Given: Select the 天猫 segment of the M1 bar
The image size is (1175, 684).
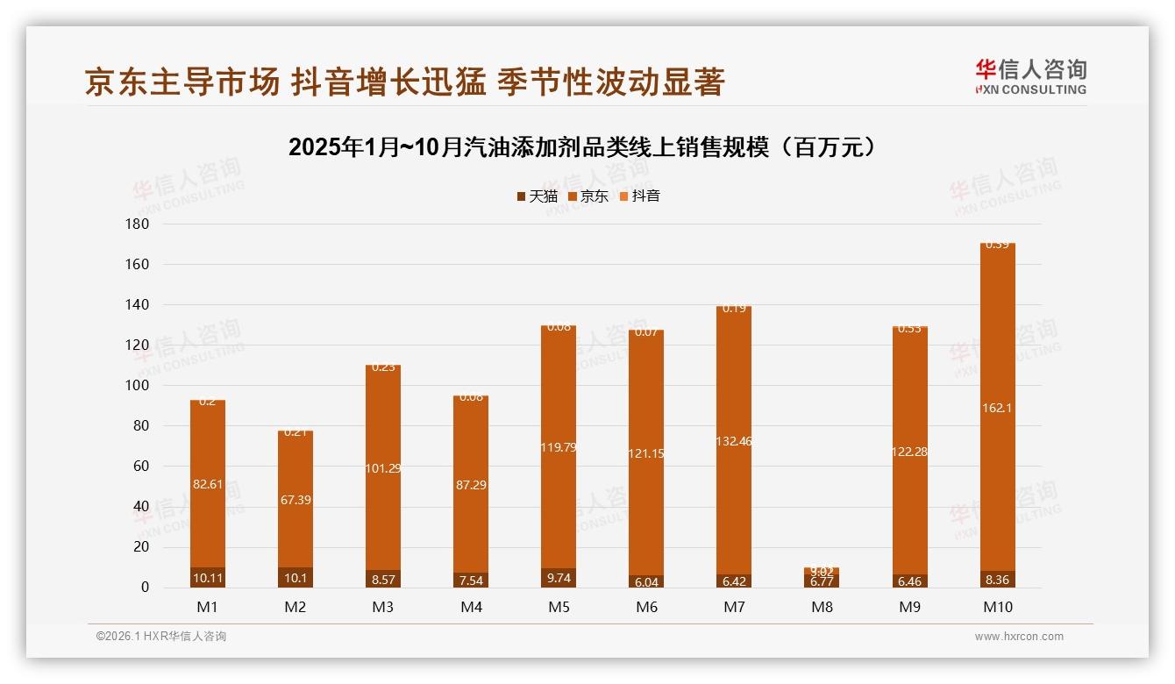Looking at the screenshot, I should coord(208,578).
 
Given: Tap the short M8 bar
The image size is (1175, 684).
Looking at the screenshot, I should coord(822,578).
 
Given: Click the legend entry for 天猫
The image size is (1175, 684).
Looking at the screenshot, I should coord(537,196).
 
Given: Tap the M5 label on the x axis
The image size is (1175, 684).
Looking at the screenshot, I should coord(559,607).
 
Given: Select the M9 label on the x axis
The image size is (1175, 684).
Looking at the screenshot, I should coord(909,607).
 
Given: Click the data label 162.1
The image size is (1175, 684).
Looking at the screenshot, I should coord(997,408).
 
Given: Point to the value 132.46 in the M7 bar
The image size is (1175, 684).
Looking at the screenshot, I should coord(734,441).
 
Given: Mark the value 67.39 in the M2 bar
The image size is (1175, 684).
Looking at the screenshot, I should coord(296,500).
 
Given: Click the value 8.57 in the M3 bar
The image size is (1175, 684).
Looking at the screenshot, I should coord(383,580).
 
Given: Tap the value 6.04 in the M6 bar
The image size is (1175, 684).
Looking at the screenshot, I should coord(646,581).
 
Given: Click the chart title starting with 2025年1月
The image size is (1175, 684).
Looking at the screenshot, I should coord(582,147).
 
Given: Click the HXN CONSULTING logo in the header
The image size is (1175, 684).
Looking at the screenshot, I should coord(1030,77).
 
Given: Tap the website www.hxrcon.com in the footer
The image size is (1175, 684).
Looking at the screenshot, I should coord(1019,637).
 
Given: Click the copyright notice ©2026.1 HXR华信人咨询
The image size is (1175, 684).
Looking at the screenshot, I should coord(161,637).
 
